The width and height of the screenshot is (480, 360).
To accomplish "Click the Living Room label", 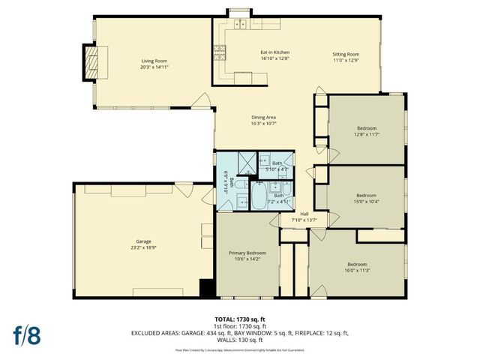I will pos(154,60).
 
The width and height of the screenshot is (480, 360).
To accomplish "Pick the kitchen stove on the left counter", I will pos(220,52).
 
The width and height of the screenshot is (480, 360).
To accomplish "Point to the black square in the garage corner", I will pos(206,288).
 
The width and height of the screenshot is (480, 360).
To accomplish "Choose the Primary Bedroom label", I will pos(247,253).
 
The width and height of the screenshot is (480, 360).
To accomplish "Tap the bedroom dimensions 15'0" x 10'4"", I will pos(366,201).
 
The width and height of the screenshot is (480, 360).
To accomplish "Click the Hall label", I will pos(304,214).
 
